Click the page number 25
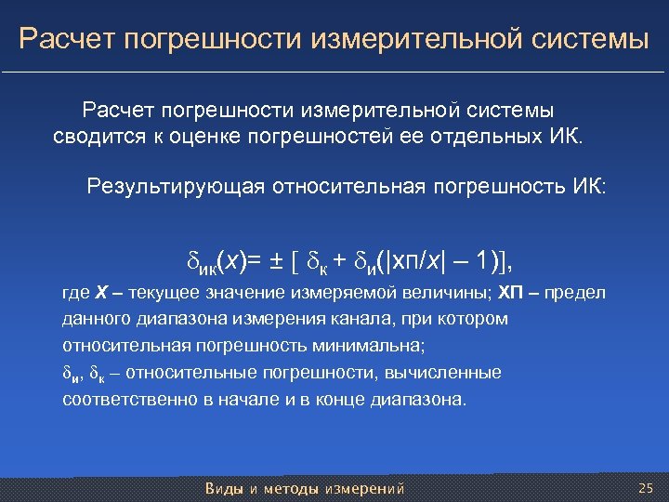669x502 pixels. [x=647, y=488]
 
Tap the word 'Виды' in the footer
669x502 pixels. [x=222, y=488]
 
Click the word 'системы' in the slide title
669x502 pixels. [x=587, y=39]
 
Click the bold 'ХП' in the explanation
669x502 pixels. [x=513, y=294]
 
